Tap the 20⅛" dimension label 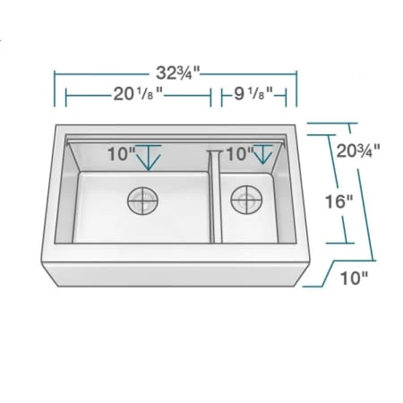138,92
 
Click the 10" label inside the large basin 120,154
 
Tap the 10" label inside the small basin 238,154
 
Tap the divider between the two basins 216,193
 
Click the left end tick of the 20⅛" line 65,92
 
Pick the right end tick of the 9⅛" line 287,92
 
